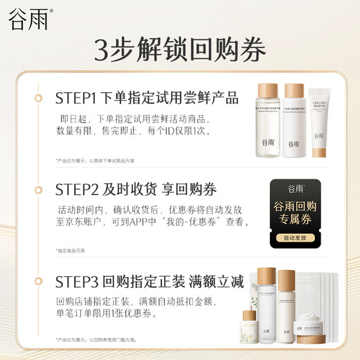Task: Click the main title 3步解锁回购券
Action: pos(180,51)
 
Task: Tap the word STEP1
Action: pos(76,98)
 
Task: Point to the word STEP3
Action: pos(77,282)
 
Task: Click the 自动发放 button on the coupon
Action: pos(295,237)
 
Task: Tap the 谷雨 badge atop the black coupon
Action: pos(295,188)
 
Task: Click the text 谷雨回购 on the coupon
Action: pos(295,207)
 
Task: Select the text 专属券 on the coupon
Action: pos(295,222)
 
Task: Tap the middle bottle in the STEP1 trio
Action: pos(294,120)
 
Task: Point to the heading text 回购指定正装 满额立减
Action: pos(174,282)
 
